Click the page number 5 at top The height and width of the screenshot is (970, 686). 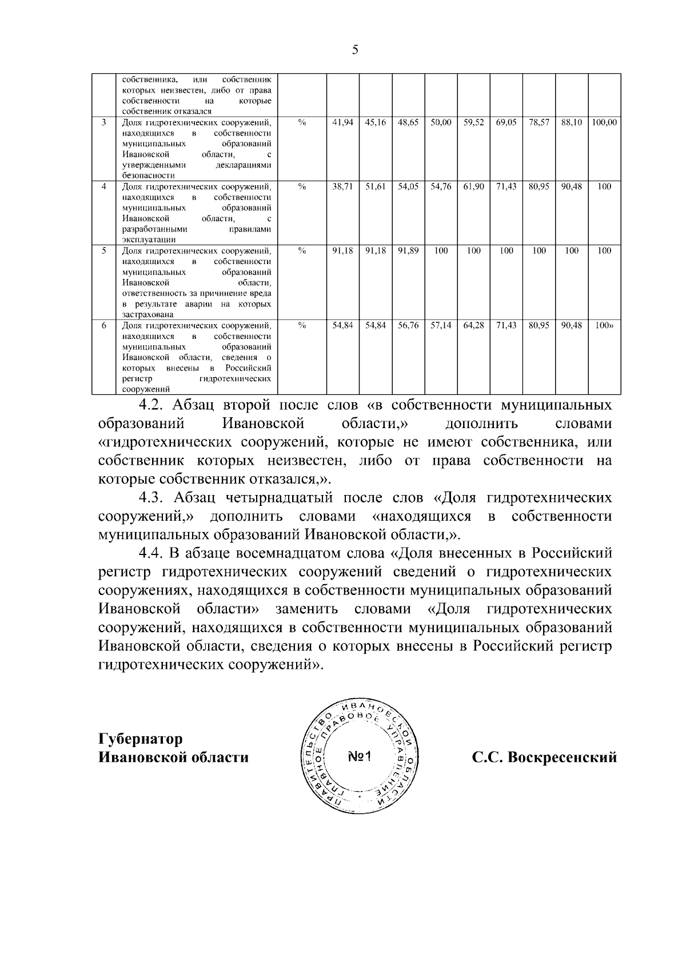pyautogui.click(x=355, y=50)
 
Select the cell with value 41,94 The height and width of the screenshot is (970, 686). pyautogui.click(x=342, y=122)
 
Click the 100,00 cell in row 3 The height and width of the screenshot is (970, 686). pyautogui.click(x=604, y=122)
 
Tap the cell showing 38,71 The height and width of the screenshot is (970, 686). pyautogui.click(x=342, y=186)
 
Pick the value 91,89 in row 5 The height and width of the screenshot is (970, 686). pyautogui.click(x=408, y=250)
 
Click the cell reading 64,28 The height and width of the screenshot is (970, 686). pyautogui.click(x=473, y=325)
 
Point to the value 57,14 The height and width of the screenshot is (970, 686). pyautogui.click(x=441, y=325)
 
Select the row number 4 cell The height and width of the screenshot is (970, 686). pyautogui.click(x=103, y=186)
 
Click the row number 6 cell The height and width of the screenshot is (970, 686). pyautogui.click(x=103, y=325)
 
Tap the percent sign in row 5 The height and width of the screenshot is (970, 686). pyautogui.click(x=302, y=250)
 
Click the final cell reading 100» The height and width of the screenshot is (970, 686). pyautogui.click(x=604, y=325)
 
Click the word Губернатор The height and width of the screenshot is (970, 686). pyautogui.click(x=141, y=739)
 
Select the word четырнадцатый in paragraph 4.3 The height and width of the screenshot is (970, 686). pyautogui.click(x=277, y=498)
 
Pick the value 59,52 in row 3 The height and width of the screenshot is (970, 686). pyautogui.click(x=473, y=122)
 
